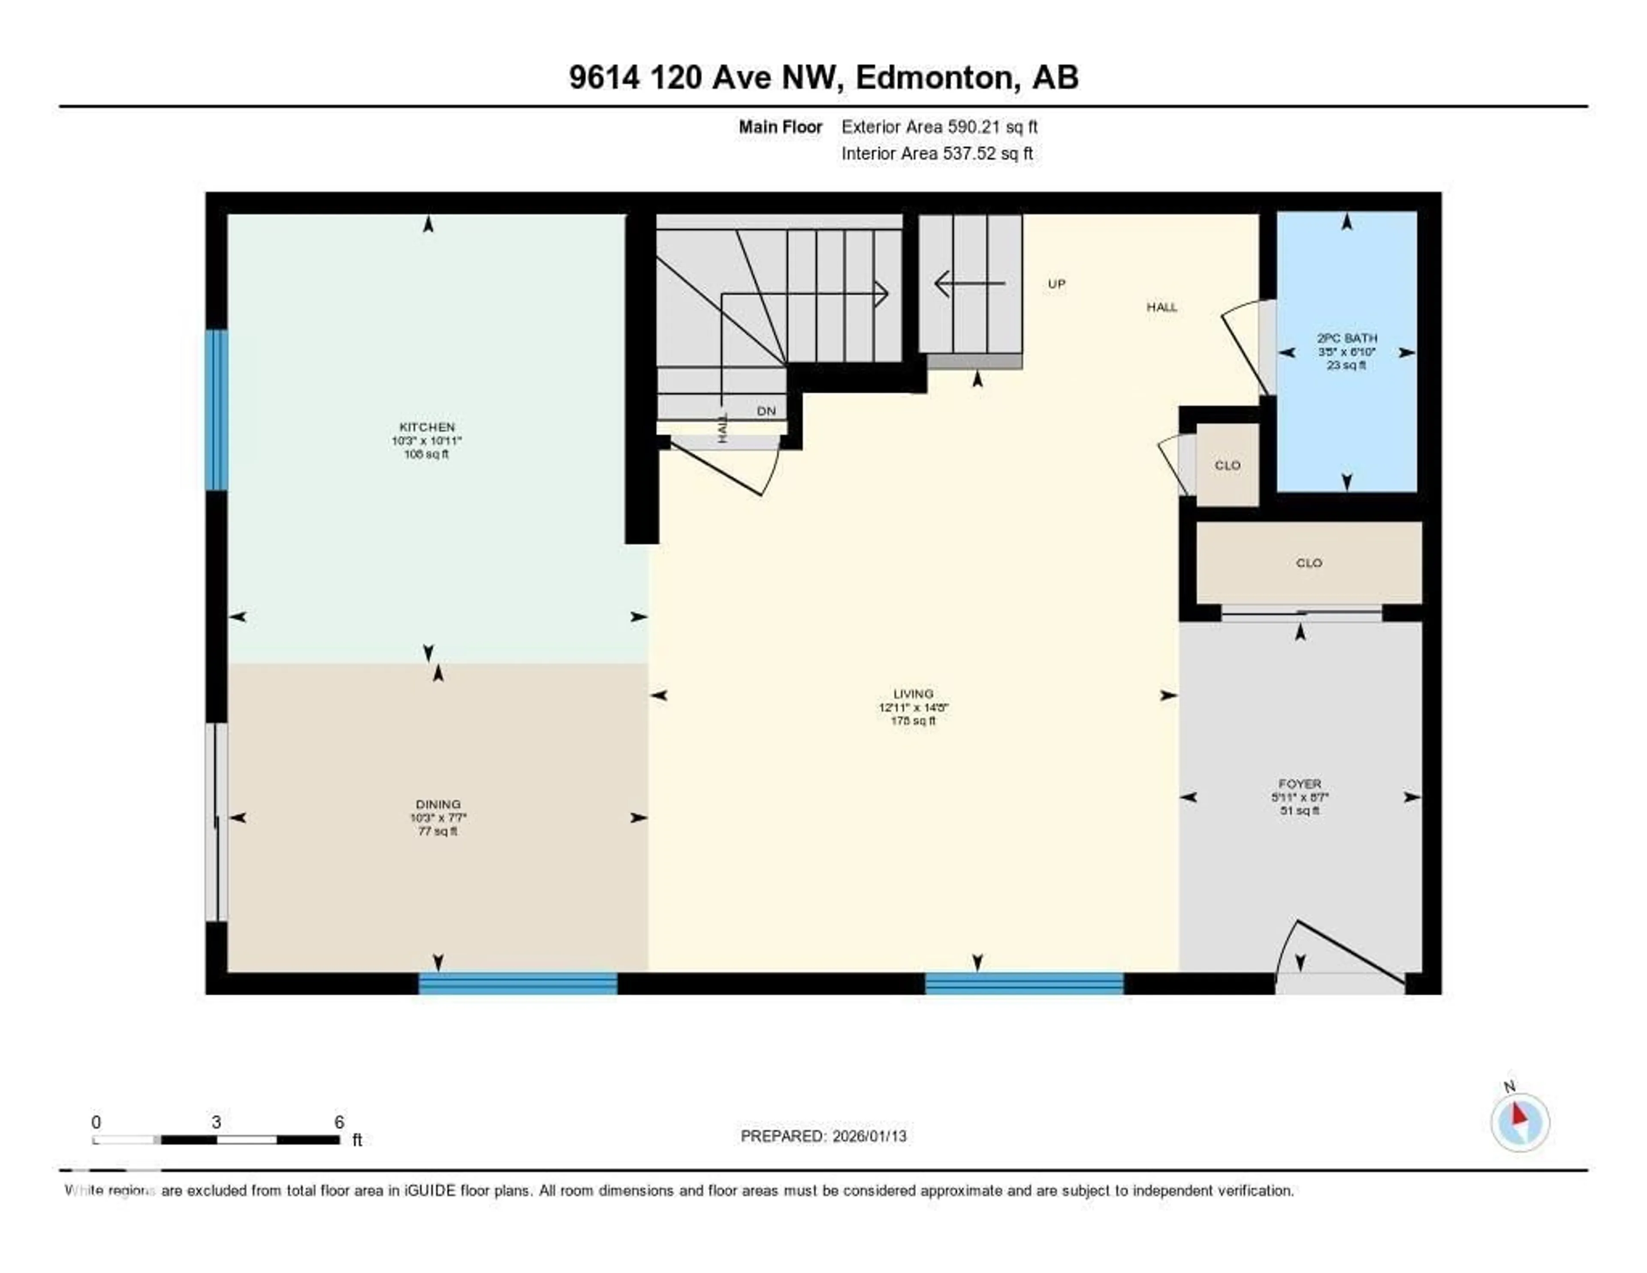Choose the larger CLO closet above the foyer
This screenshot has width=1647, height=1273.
pyautogui.click(x=1309, y=563)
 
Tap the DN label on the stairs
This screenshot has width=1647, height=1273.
pyautogui.click(x=766, y=411)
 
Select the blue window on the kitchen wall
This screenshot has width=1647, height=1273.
pyautogui.click(x=217, y=410)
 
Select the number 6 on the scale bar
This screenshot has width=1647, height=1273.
pyautogui.click(x=339, y=1122)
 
